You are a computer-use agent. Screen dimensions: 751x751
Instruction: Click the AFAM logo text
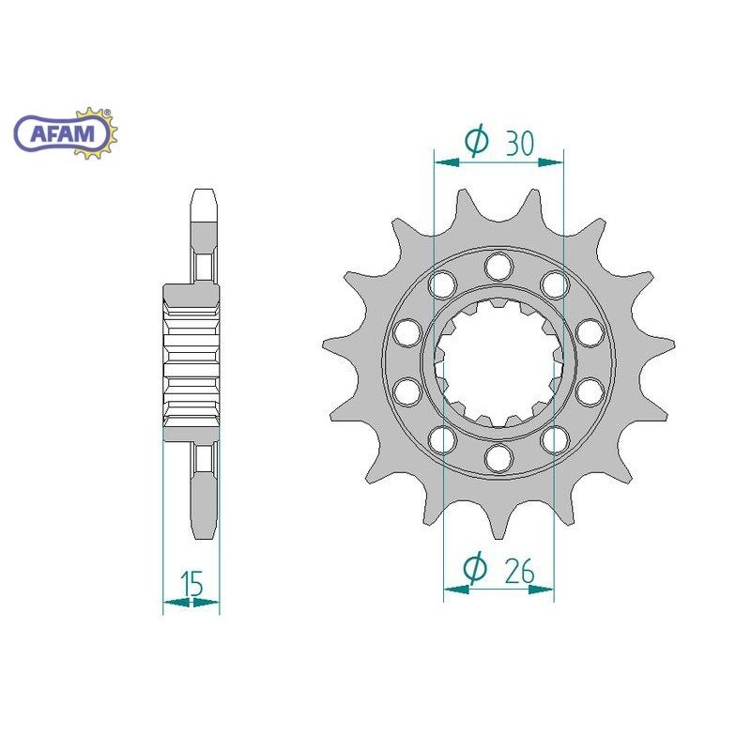(x=63, y=132)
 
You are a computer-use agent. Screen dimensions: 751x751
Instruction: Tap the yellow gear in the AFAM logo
(x=99, y=132)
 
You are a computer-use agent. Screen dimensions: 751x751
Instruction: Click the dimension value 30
(x=519, y=143)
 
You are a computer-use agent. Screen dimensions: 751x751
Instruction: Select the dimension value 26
(x=520, y=571)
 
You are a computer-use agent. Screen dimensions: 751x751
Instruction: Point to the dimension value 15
(x=192, y=582)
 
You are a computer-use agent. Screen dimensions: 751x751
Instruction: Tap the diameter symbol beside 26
(x=475, y=568)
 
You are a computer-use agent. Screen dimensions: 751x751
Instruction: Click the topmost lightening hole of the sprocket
(x=498, y=267)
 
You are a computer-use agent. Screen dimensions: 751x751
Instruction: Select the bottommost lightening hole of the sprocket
(x=498, y=458)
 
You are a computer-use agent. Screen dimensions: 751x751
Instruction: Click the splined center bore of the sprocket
(x=498, y=361)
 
